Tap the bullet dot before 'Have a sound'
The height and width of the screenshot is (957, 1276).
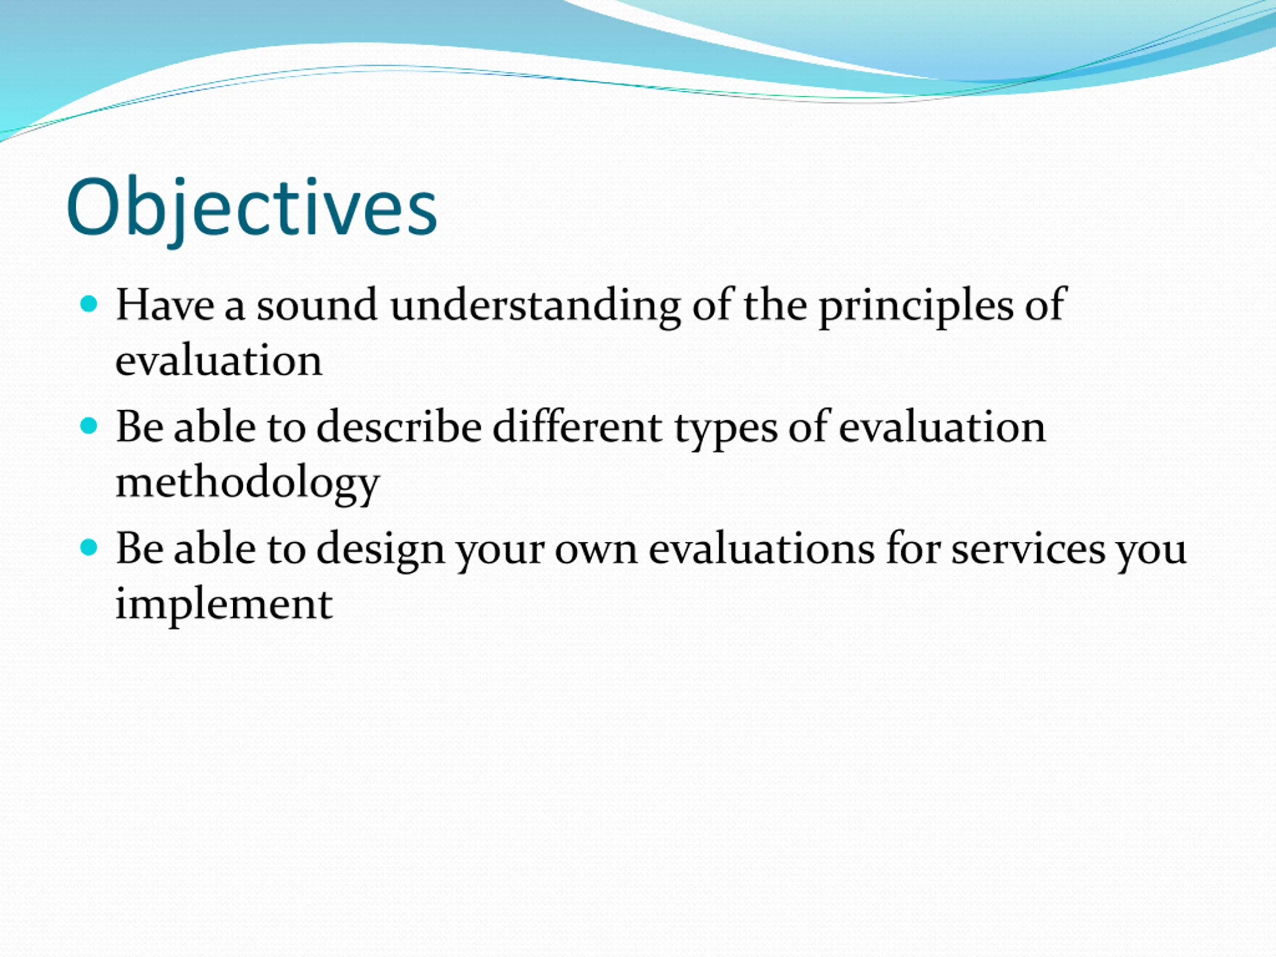(89, 304)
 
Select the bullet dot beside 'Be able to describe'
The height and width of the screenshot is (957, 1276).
(89, 426)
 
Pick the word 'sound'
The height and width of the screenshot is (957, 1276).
(317, 305)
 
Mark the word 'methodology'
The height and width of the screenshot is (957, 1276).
(247, 484)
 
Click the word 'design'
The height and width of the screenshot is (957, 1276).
(381, 551)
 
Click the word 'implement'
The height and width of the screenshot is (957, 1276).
(224, 606)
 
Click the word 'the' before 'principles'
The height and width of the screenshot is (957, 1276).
(775, 304)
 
